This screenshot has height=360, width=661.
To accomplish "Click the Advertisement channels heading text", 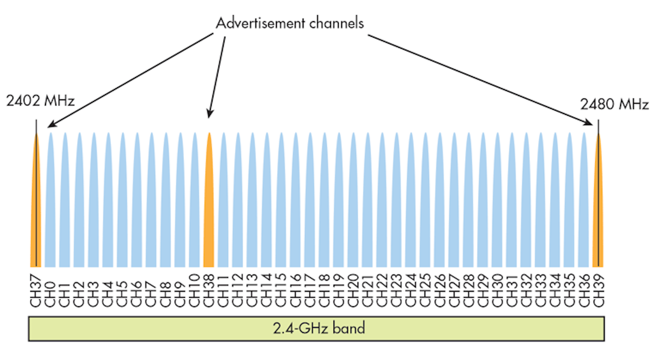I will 290,23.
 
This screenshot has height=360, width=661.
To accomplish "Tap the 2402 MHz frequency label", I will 40,101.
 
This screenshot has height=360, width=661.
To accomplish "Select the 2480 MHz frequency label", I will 614,105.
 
